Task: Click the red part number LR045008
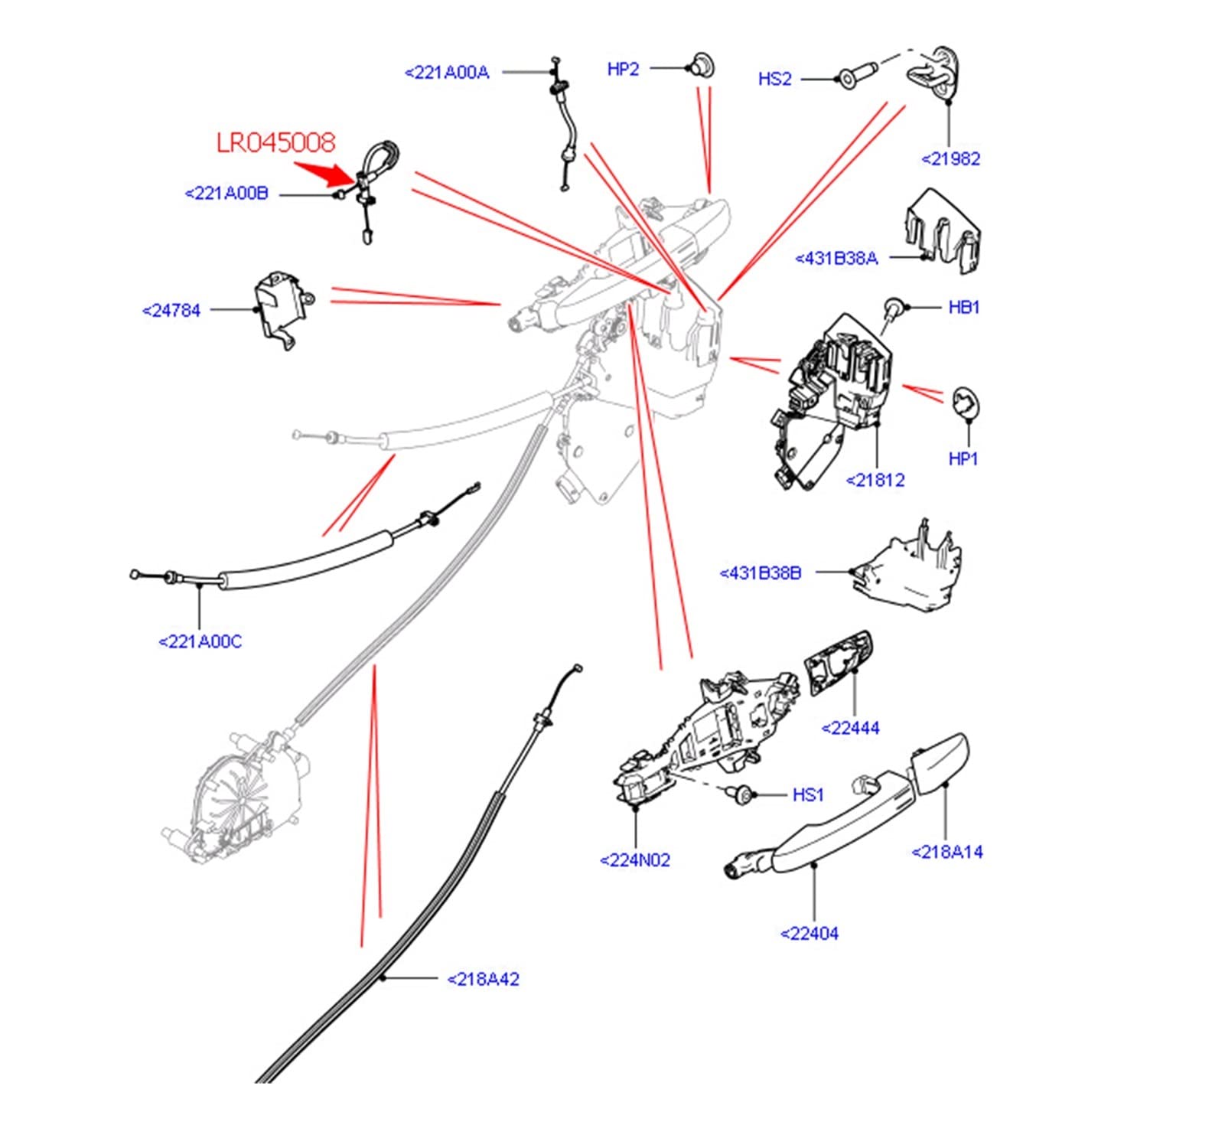(275, 142)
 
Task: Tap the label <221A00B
(226, 194)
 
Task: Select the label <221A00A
(447, 73)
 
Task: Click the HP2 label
(623, 69)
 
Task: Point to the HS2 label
(774, 79)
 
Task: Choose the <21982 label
(950, 159)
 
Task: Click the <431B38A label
(836, 259)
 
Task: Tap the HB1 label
(963, 308)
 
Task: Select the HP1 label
(963, 458)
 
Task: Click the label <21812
(875, 481)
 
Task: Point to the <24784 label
(171, 311)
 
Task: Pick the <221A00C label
(200, 642)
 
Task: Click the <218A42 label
(483, 980)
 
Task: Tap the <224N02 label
(635, 860)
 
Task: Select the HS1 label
(808, 795)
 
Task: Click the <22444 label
(850, 729)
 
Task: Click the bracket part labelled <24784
(280, 307)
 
